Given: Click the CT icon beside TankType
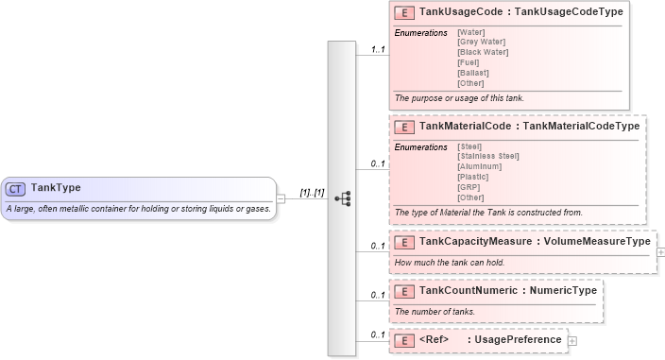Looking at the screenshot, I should tap(17, 188).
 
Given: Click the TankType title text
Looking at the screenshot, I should tap(56, 188).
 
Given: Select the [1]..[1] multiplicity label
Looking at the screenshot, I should tap(312, 193).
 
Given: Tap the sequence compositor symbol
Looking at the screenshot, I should tap(342, 198).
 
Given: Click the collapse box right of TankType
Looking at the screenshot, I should tap(281, 198).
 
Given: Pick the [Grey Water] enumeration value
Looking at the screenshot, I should tap(481, 42).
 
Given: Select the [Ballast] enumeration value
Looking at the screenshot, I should tap(472, 73).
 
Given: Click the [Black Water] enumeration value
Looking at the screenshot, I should tap(483, 52).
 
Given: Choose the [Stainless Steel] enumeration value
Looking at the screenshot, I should tap(487, 156).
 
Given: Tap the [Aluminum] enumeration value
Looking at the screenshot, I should tap(479, 166).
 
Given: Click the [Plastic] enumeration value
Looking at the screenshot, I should tap(472, 177).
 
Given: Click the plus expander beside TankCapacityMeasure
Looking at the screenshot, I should tap(660, 252).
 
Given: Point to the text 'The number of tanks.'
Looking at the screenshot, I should tap(435, 312).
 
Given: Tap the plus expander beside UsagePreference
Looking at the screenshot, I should tap(572, 340).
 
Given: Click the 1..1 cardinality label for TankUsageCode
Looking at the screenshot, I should tap(378, 49).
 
